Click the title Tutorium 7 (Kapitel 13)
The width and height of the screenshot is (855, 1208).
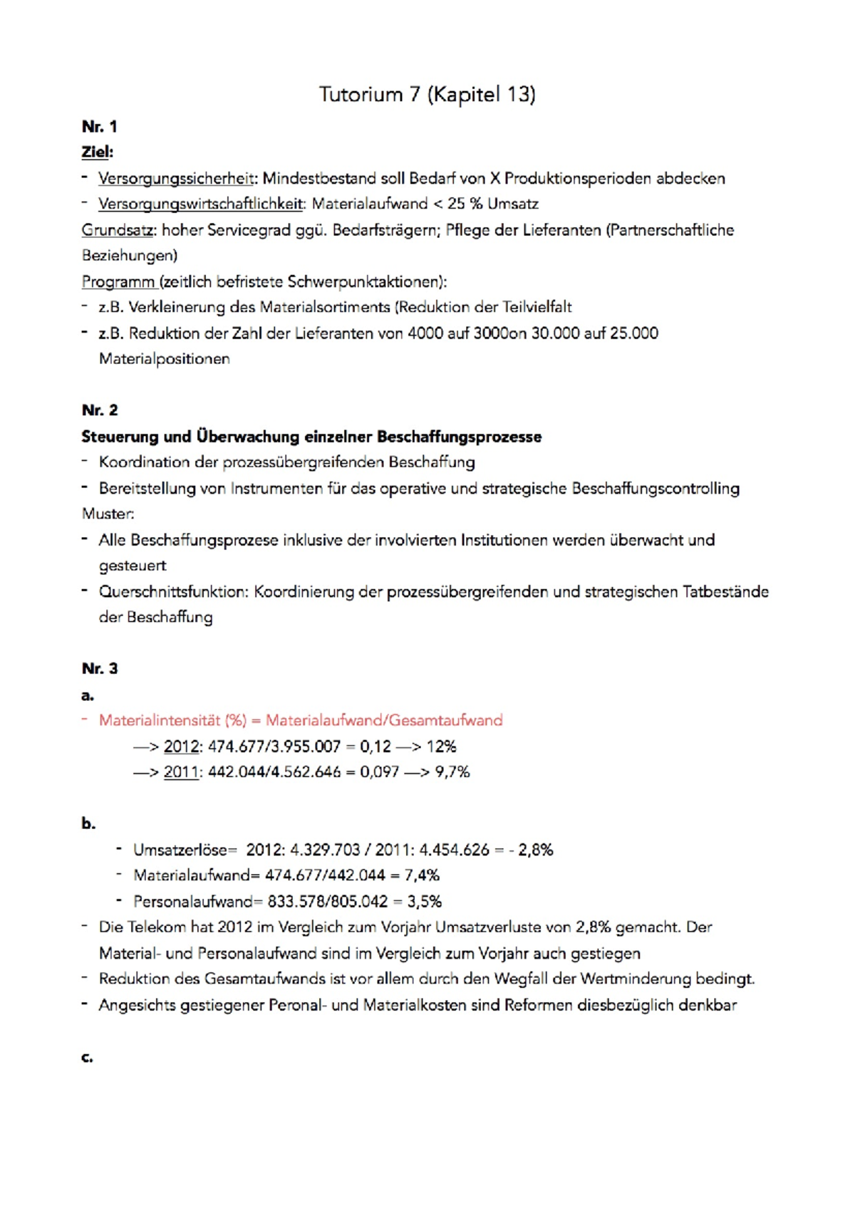427,94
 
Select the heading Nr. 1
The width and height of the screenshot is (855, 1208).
99,127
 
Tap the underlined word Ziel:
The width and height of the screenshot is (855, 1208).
97,152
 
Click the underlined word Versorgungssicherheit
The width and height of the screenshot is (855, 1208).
176,178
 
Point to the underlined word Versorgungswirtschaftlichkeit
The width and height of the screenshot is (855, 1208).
202,204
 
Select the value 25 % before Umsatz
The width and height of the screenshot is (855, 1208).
465,204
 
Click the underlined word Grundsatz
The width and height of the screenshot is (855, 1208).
117,230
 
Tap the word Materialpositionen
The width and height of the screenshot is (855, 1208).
164,359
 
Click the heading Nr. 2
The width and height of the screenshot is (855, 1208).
100,410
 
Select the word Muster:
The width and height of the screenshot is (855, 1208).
108,514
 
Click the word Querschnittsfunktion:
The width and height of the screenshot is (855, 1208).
175,592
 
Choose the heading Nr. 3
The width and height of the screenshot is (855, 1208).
100,668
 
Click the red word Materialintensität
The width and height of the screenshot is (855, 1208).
160,720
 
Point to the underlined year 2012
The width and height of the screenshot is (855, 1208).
181,746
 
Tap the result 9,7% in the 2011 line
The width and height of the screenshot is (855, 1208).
452,772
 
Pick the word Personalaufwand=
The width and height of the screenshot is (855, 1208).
193,901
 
